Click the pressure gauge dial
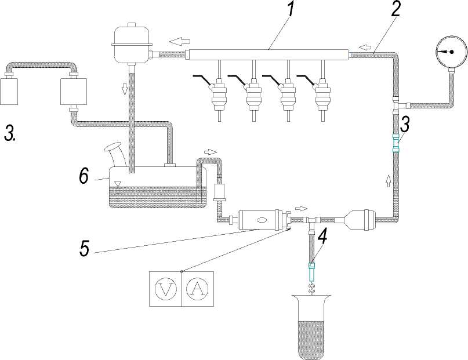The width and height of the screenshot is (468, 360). coord(451,52)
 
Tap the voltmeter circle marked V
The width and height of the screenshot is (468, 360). coord(166,289)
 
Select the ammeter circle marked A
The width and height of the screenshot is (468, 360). coord(197,289)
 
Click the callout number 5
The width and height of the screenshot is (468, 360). coord(85,248)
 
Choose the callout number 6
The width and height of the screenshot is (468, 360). coord(84,176)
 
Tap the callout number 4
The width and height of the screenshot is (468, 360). coord(322,237)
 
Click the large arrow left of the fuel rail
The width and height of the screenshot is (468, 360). coord(180,42)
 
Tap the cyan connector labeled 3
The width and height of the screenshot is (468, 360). coord(396,143)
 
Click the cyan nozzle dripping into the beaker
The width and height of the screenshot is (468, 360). coord(311,272)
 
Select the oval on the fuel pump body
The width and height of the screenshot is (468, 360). coord(262,220)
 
